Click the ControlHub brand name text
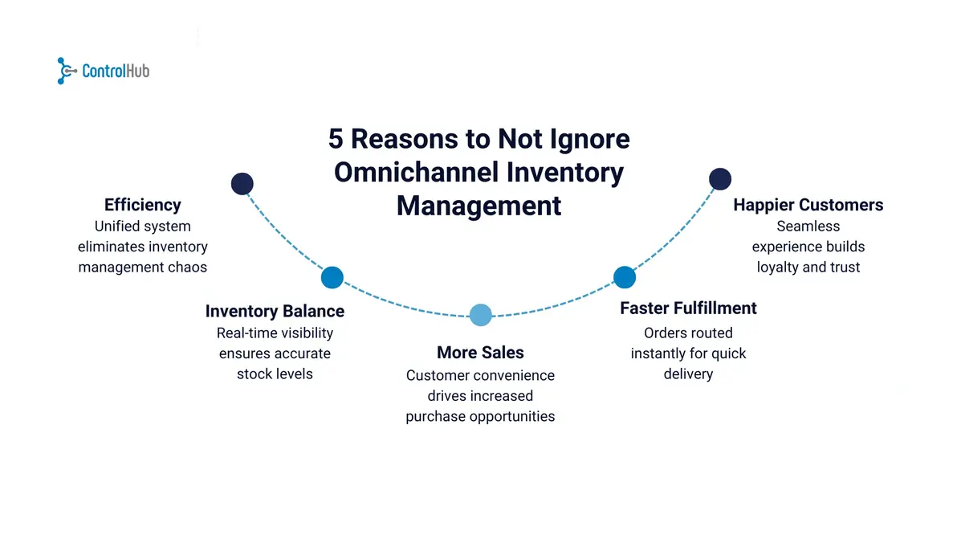(116, 71)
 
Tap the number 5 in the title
(336, 139)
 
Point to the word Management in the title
(478, 206)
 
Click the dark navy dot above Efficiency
(242, 184)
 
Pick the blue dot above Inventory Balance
(332, 278)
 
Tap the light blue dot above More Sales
(480, 316)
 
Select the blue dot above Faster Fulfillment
(624, 278)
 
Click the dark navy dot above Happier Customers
(720, 179)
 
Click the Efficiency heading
(142, 205)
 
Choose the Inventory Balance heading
(275, 312)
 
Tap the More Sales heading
(480, 353)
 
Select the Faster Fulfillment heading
(688, 308)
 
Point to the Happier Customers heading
(808, 205)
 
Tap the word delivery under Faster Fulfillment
(688, 374)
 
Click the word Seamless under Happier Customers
(808, 227)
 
